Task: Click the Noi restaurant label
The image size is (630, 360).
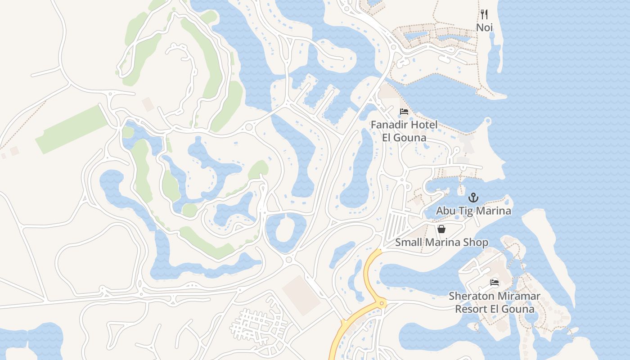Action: (x=484, y=27)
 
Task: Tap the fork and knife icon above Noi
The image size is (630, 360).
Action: (x=484, y=14)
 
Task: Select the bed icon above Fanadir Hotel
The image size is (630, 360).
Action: (x=404, y=112)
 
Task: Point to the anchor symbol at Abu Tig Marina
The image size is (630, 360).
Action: (x=473, y=198)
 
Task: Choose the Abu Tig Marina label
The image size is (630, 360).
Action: (x=473, y=211)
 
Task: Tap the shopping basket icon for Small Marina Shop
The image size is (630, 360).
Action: (x=441, y=229)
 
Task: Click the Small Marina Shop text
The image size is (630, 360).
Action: (x=441, y=242)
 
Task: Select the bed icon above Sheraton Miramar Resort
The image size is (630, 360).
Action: (x=495, y=283)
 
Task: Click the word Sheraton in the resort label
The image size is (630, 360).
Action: (x=470, y=296)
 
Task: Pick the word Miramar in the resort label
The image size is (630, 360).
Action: (x=518, y=296)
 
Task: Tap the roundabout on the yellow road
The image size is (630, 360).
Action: (x=382, y=304)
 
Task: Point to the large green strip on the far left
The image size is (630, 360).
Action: (x=72, y=130)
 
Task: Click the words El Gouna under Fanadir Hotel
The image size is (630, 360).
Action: (x=404, y=137)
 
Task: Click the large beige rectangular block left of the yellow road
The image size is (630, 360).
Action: (x=301, y=295)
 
